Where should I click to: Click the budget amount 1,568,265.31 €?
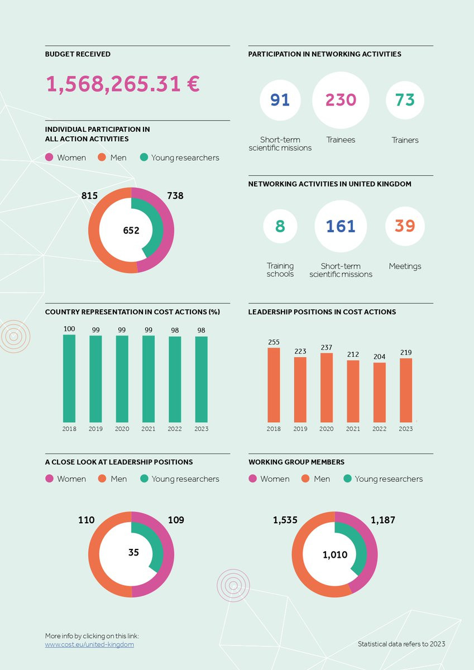pyautogui.click(x=122, y=84)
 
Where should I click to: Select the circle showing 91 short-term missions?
pyautogui.click(x=280, y=100)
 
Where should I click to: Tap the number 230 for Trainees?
pyautogui.click(x=341, y=100)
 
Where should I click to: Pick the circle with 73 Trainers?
pyautogui.click(x=405, y=100)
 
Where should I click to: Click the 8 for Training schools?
pyautogui.click(x=280, y=226)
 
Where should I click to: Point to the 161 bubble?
pyautogui.click(x=341, y=226)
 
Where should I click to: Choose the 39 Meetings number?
pyautogui.click(x=405, y=226)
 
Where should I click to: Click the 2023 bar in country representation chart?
pyautogui.click(x=201, y=379)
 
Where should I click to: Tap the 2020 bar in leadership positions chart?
pyautogui.click(x=327, y=387)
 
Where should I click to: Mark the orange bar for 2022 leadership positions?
pyautogui.click(x=380, y=393)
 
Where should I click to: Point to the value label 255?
pyautogui.click(x=274, y=342)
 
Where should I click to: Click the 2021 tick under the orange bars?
pyautogui.click(x=353, y=429)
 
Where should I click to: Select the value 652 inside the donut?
pyautogui.click(x=131, y=230)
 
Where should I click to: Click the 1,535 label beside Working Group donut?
pyautogui.click(x=283, y=520)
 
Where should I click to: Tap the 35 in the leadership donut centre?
pyautogui.click(x=133, y=553)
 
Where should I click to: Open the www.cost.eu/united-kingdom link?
pyautogui.click(x=89, y=644)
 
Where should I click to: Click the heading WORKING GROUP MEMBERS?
pyautogui.click(x=296, y=462)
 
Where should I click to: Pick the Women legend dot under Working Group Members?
pyautogui.click(x=252, y=478)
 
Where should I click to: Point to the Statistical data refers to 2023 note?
pyautogui.click(x=401, y=644)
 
